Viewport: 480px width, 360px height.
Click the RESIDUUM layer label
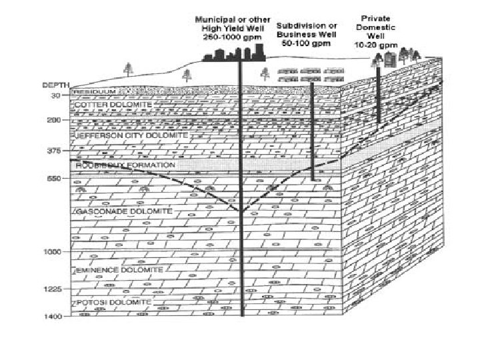click(95, 91)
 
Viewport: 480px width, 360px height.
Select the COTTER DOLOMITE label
click(113, 105)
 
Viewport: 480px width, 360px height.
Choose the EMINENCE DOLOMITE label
click(119, 270)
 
